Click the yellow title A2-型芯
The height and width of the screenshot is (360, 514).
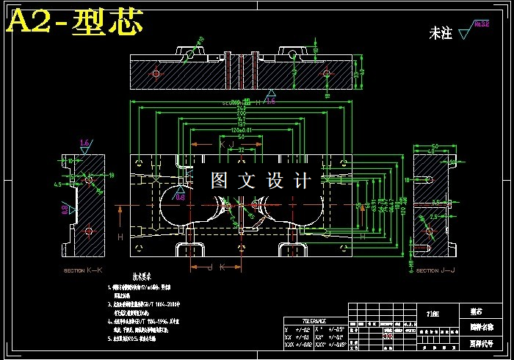73,23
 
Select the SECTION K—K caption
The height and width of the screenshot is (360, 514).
84,271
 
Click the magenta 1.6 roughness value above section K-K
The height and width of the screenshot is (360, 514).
84,143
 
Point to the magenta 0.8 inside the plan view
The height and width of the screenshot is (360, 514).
181,197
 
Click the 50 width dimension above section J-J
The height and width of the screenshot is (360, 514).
435,147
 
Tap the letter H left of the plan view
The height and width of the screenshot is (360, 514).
120,237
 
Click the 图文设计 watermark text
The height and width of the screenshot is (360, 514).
261,180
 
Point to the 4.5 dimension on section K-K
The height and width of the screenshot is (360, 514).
57,185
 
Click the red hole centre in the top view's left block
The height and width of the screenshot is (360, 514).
155,72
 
